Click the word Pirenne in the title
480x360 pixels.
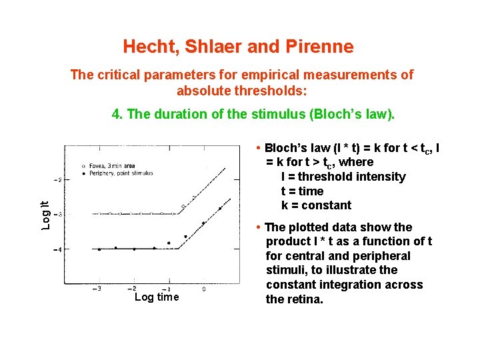click(321, 47)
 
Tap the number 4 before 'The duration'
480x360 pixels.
click(117, 114)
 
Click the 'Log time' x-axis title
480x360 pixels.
click(157, 297)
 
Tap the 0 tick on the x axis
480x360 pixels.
click(203, 289)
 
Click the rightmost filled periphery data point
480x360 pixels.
click(220, 209)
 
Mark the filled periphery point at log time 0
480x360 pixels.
click(203, 223)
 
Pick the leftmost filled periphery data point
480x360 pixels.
click(99, 249)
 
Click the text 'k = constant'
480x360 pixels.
click(317, 205)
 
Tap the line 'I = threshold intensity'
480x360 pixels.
click(343, 177)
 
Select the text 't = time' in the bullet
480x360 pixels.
click(303, 191)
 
